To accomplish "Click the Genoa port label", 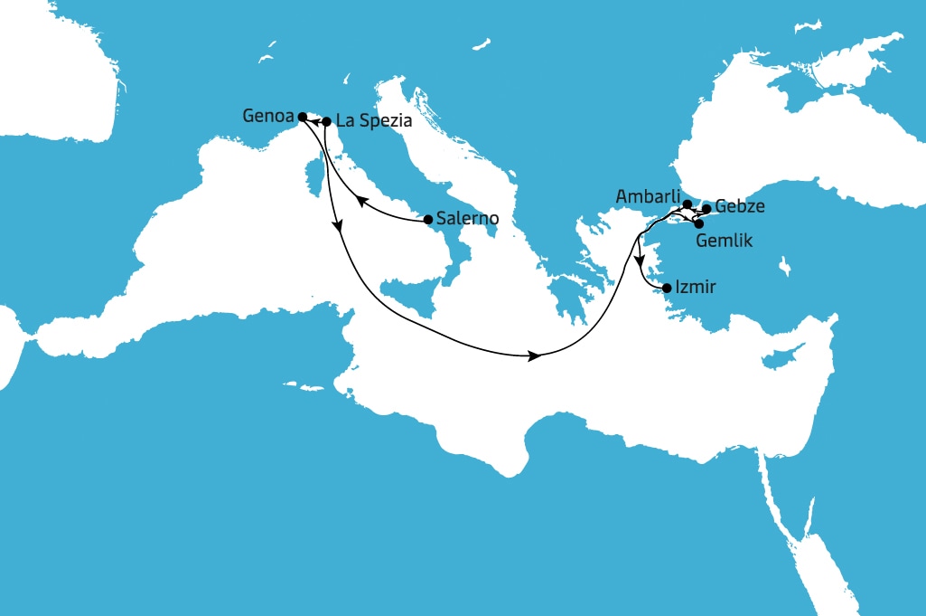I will (269, 116).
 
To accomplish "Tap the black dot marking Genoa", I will (303, 117).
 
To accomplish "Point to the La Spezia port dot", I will (326, 120).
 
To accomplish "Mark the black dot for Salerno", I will (428, 219).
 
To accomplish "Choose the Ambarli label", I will (647, 196).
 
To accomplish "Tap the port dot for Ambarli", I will (687, 204).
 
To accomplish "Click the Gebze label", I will (740, 207).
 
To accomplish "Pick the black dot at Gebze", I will (706, 208).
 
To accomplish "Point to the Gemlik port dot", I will (698, 223).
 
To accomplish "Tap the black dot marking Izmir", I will (667, 289).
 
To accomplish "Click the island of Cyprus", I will (776, 359).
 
